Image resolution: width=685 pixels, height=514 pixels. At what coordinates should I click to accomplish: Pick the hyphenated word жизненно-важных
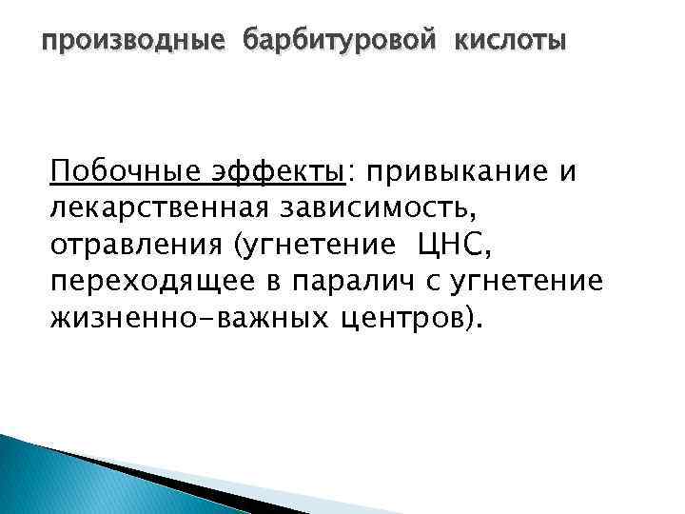(186, 315)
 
